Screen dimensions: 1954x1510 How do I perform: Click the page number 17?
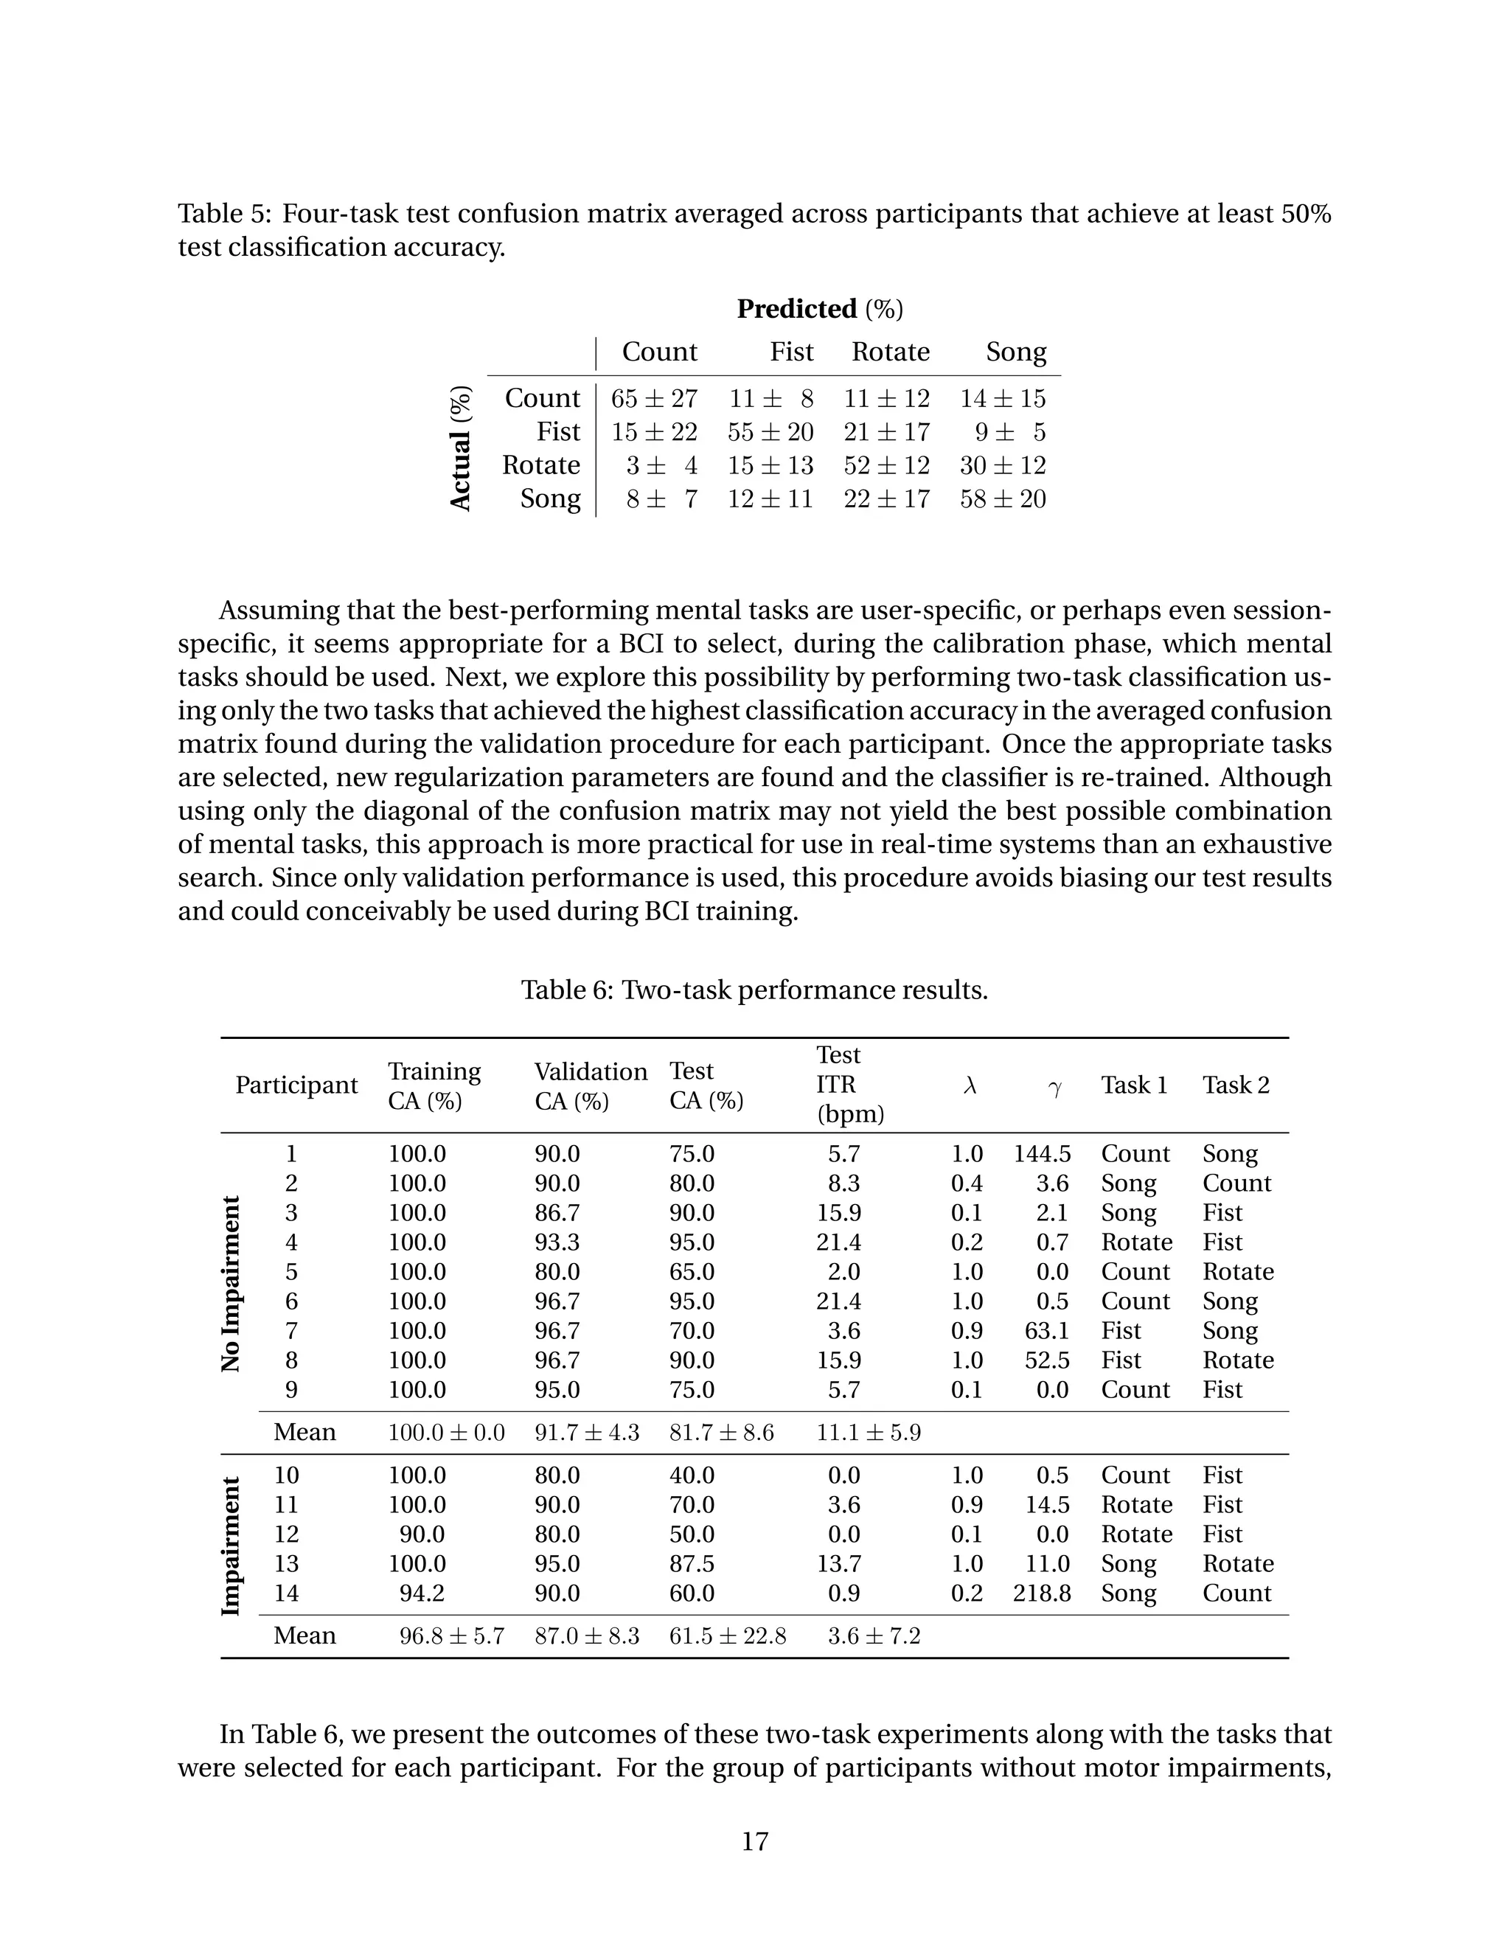coord(754,1841)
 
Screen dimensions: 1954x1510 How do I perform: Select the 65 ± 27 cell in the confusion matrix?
coord(653,399)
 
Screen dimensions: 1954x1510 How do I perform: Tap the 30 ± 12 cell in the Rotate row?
coord(1002,465)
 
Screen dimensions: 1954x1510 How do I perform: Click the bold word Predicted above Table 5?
coord(796,309)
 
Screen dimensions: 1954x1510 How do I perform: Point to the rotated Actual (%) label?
coord(461,448)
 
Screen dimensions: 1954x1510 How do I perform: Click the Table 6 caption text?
coord(754,990)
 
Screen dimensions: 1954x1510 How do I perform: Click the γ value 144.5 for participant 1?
coord(1041,1154)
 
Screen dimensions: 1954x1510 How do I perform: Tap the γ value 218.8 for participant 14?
coord(1041,1593)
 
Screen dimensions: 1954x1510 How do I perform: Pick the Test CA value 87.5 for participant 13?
coord(692,1564)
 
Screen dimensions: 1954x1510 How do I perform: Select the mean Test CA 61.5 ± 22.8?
coord(727,1636)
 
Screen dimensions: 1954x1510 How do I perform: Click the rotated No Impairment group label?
coord(232,1284)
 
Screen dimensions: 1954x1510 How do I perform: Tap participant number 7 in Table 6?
coord(290,1330)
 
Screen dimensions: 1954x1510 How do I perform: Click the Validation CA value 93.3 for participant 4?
coord(557,1242)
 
